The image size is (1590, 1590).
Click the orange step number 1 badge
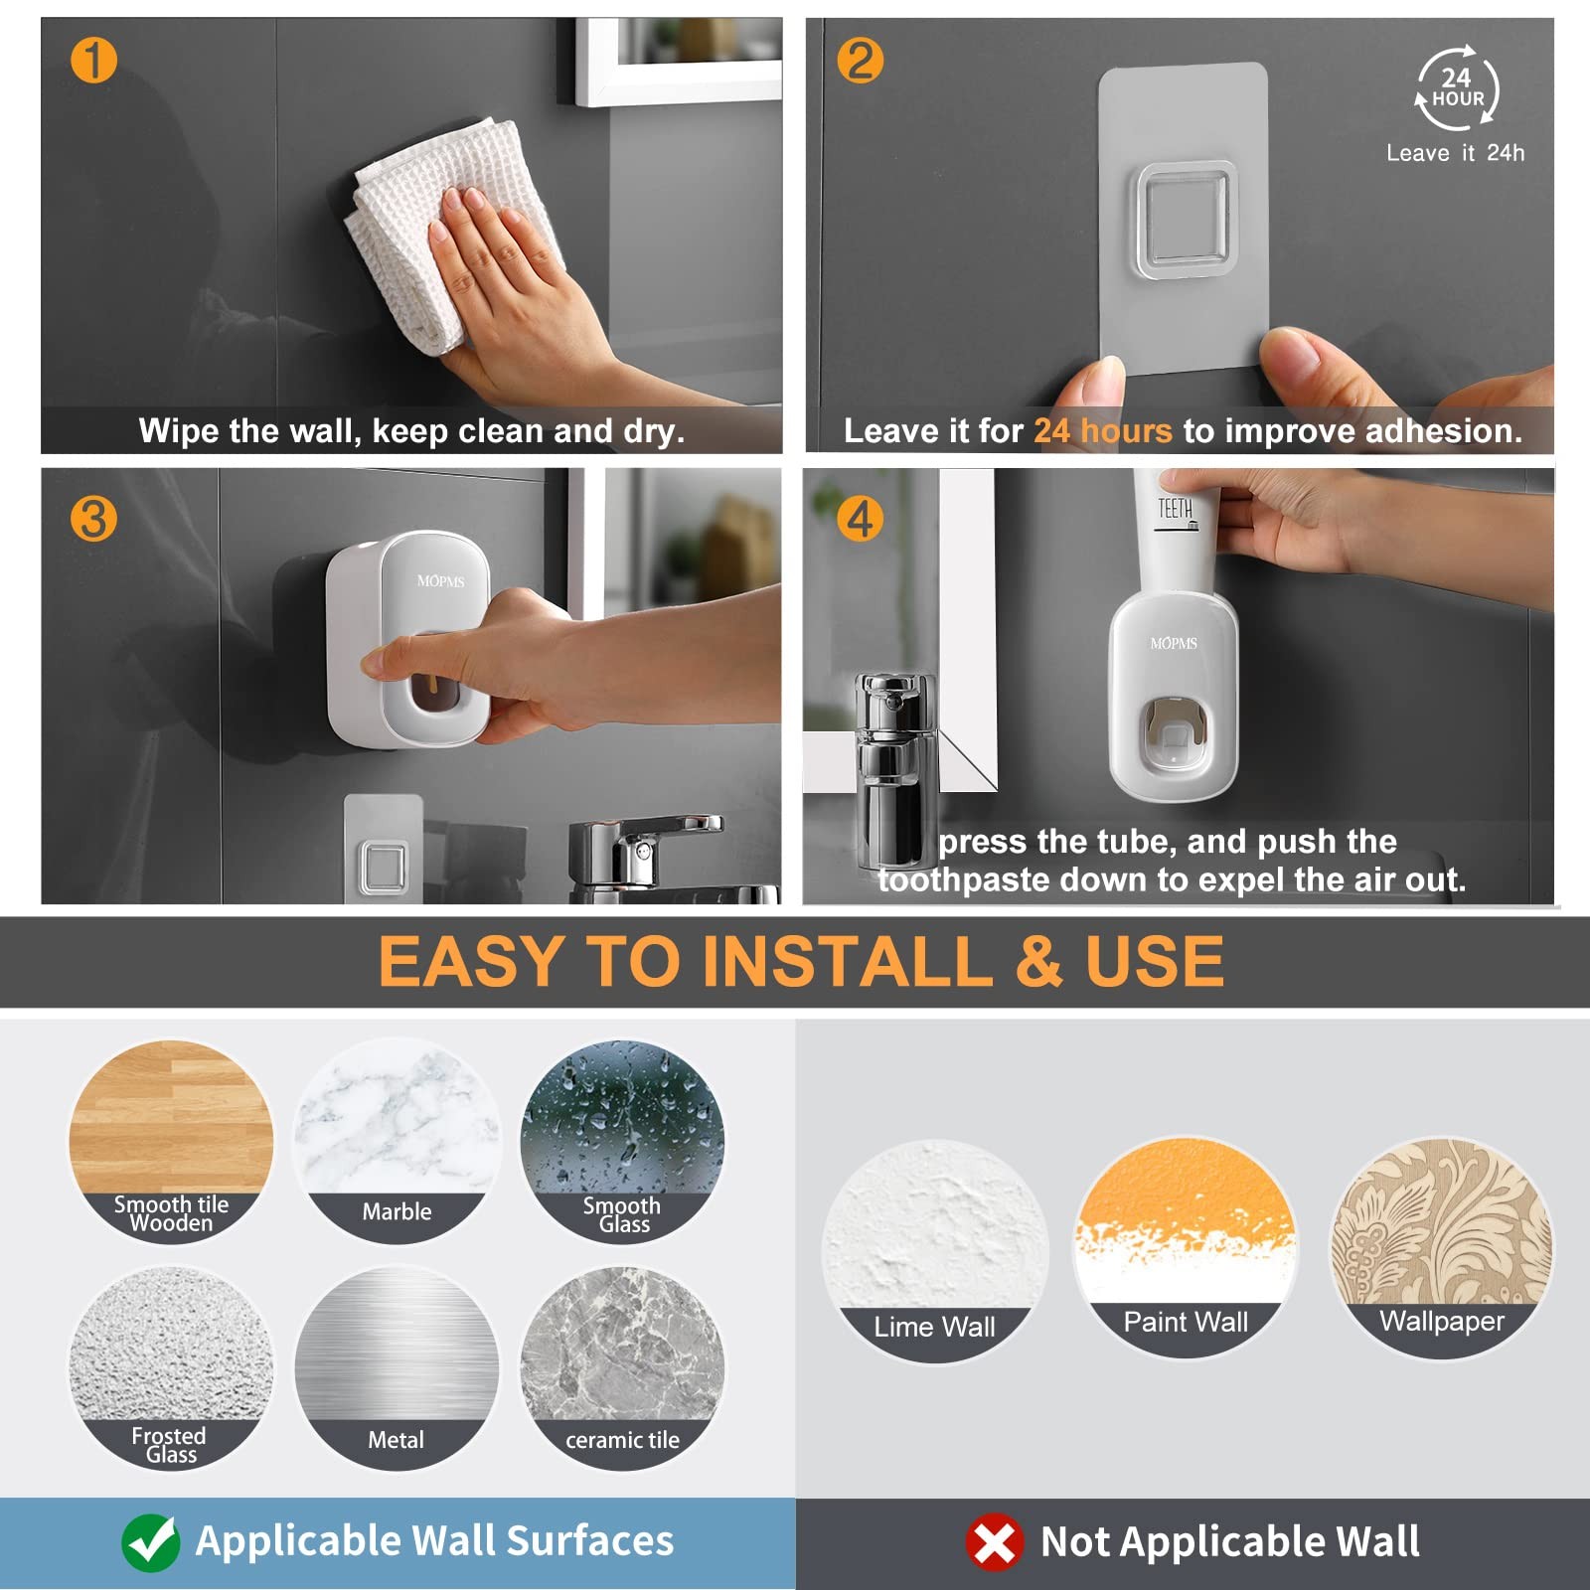pos(93,60)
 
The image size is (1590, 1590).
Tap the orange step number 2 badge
pos(861,60)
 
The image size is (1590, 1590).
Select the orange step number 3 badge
pos(93,519)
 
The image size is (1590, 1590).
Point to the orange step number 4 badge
pos(861,519)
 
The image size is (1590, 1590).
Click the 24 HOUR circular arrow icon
pos(1457,88)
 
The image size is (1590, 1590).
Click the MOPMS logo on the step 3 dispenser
pos(440,581)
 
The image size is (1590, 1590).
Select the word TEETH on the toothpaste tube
pos(1175,509)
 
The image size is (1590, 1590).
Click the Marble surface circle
pos(397,1140)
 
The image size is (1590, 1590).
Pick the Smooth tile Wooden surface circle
pos(171,1140)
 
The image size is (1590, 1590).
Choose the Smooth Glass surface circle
pos(623,1140)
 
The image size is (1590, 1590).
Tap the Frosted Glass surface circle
pos(171,1367)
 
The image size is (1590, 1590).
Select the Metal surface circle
pos(397,1367)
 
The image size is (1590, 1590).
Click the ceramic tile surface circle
pos(623,1367)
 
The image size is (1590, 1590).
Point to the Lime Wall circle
pos(935,1250)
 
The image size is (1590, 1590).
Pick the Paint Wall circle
pos(1186,1248)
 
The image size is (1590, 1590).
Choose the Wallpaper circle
pos(1442,1248)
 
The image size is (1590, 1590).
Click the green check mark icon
pos(151,1542)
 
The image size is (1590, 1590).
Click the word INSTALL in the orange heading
pos(850,961)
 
